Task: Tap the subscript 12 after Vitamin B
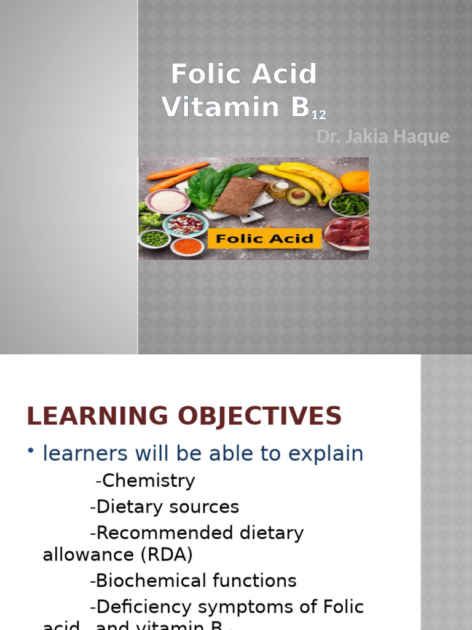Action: (318, 114)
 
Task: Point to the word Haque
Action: (425, 137)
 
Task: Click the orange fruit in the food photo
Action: (355, 181)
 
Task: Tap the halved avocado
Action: (299, 197)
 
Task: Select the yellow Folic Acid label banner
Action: (264, 238)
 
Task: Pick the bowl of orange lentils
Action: (187, 246)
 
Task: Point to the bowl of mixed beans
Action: (185, 224)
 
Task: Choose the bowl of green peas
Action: (155, 238)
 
